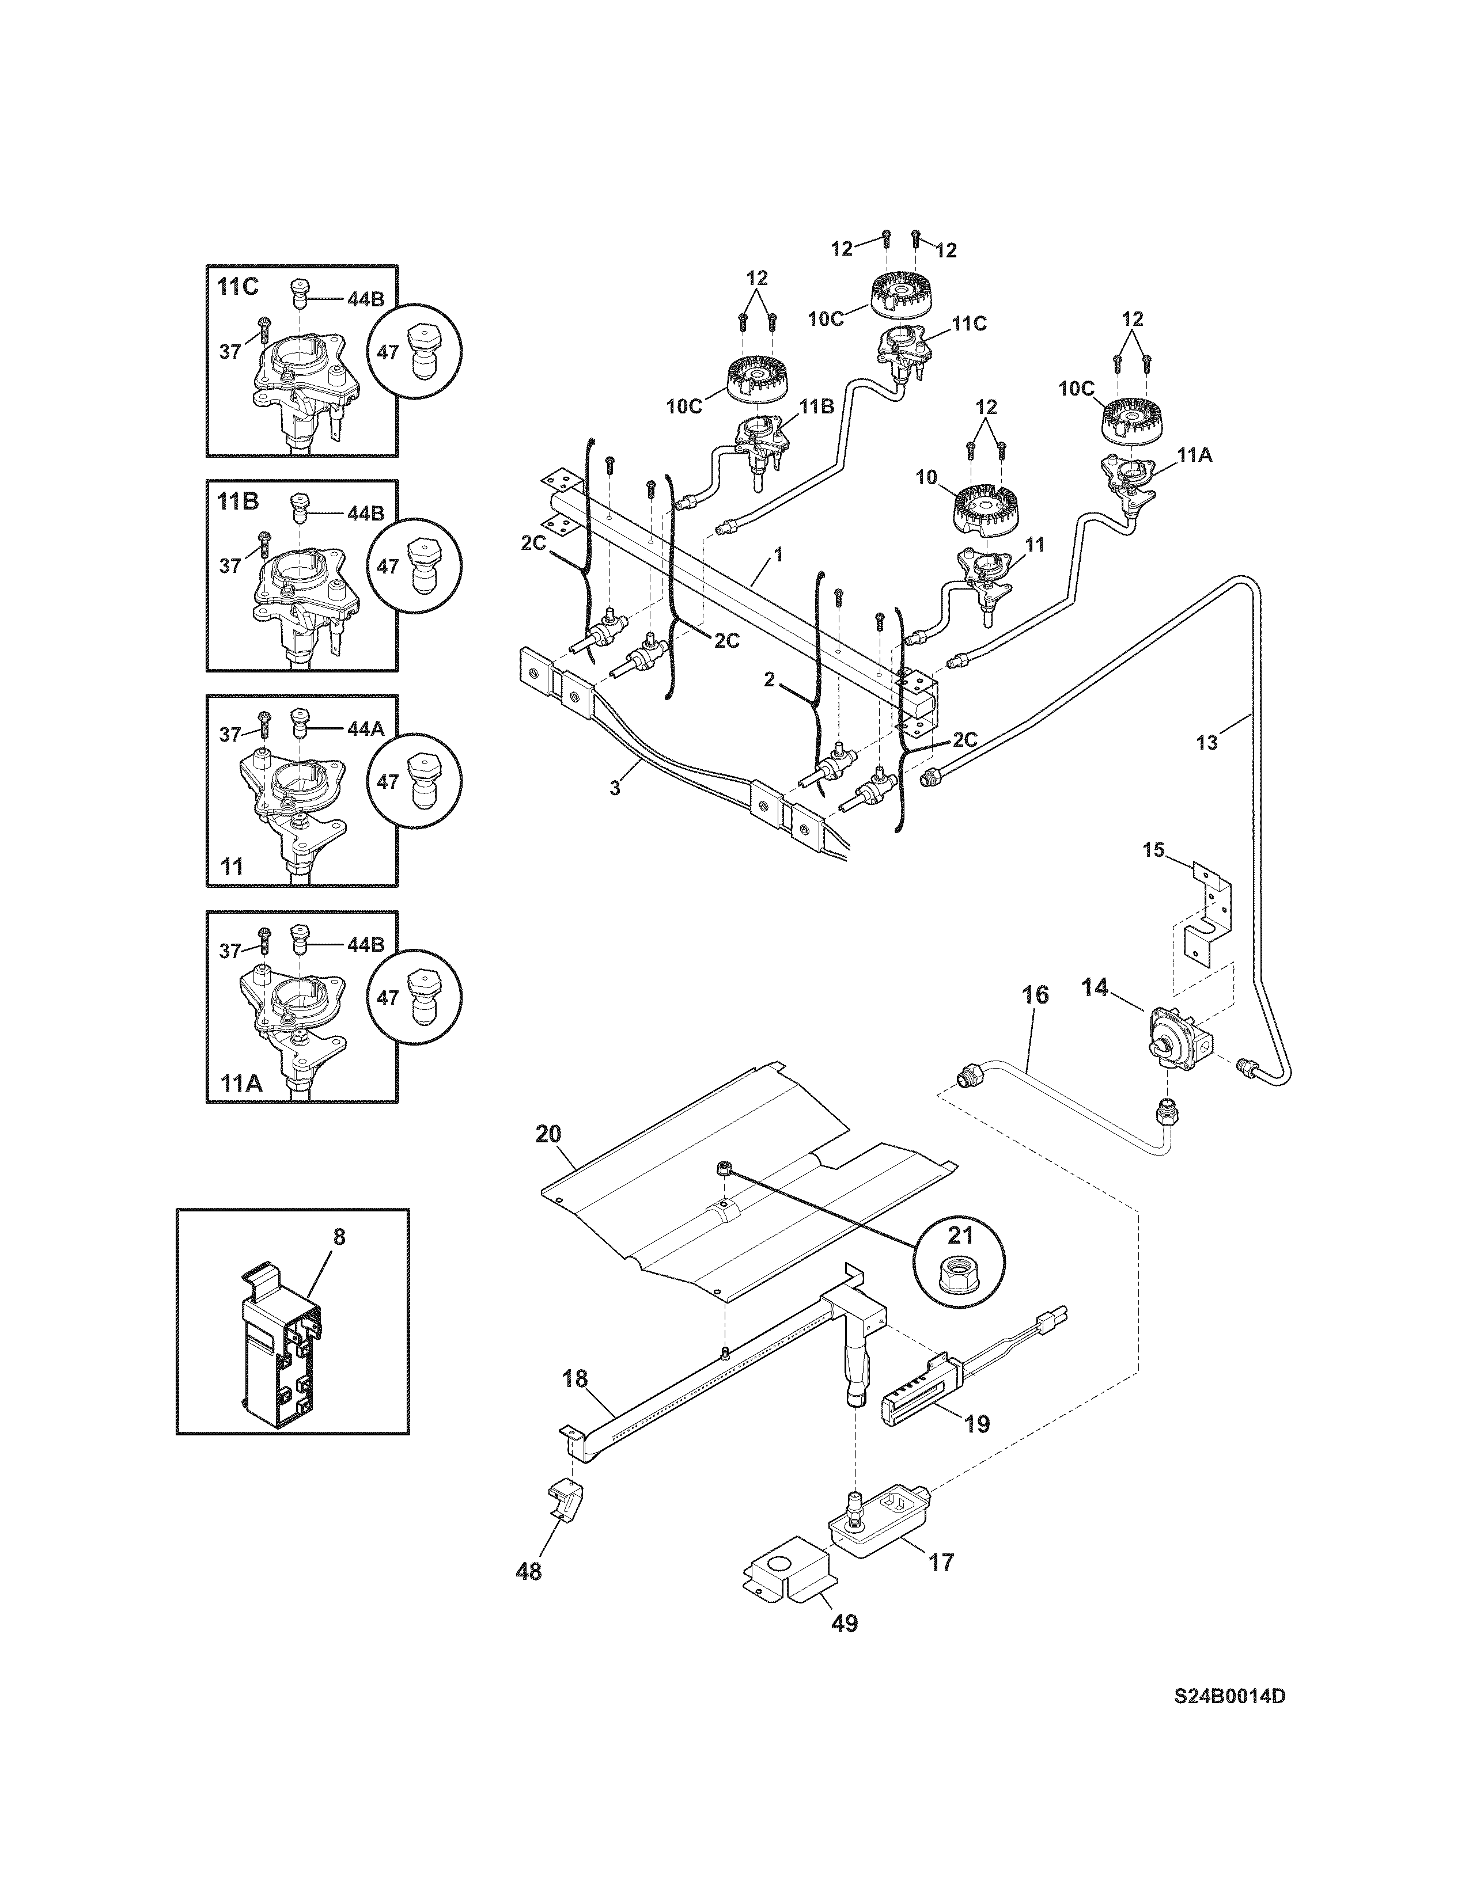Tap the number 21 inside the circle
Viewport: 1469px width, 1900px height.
click(960, 1236)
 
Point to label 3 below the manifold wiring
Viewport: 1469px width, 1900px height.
click(615, 789)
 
